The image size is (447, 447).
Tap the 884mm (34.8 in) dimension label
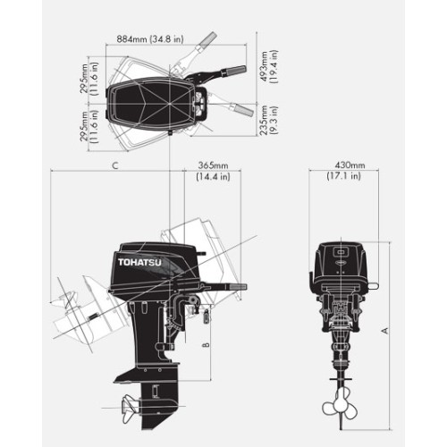click(150, 39)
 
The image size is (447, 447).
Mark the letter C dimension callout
click(114, 166)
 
